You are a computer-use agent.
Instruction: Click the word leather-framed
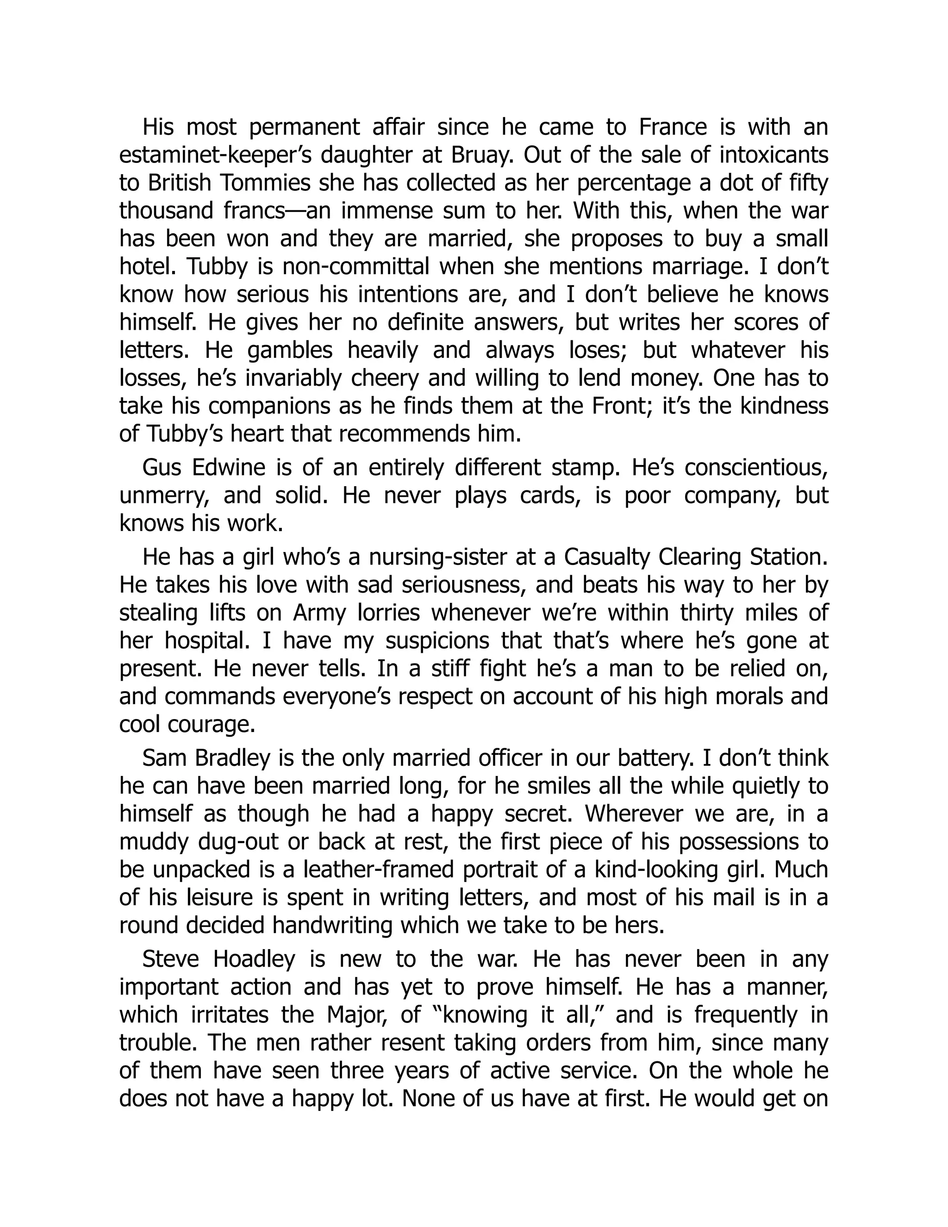pos(378,870)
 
